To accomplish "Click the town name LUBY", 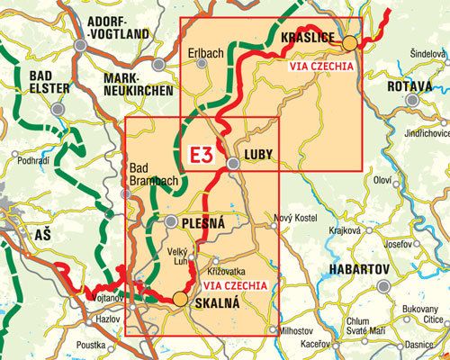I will [x=256, y=143].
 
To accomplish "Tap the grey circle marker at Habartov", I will [x=384, y=286].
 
